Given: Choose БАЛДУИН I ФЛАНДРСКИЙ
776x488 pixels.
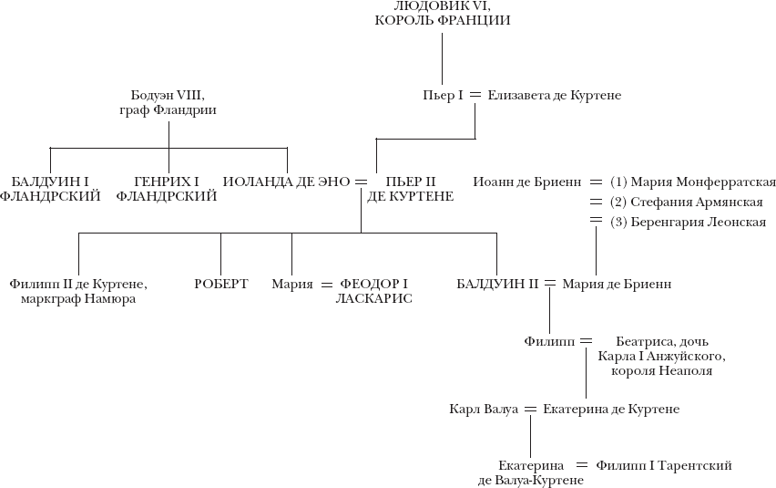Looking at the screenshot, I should click(x=50, y=188).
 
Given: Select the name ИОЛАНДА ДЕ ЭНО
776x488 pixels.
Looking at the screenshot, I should click(x=286, y=182).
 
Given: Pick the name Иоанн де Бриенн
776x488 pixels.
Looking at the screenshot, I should click(x=526, y=182).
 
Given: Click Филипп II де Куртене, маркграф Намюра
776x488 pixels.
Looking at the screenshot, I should click(x=78, y=291).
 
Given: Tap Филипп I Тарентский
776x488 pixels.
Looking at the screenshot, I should click(x=663, y=465).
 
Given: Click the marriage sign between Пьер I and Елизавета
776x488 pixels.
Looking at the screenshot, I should click(x=475, y=96).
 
